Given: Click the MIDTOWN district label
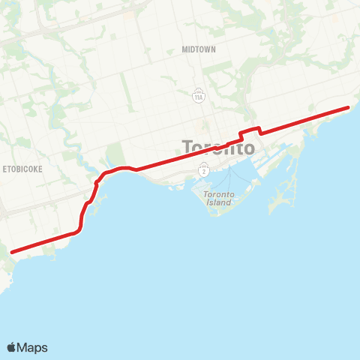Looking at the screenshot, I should (199, 49).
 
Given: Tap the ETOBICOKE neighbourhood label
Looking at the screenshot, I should (22, 169).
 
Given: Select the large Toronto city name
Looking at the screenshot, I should (218, 148).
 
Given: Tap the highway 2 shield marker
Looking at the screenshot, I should (202, 171).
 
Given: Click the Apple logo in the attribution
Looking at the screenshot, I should (11, 347).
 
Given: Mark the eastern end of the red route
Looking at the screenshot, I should (348, 108).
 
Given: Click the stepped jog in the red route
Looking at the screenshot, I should (250, 132).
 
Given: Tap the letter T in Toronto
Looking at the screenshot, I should (188, 148).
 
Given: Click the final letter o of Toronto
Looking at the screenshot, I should (248, 148).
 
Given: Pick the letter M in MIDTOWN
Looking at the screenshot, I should (184, 49).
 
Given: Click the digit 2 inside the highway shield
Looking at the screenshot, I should (202, 171).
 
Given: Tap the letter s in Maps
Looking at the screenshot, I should (44, 348).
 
